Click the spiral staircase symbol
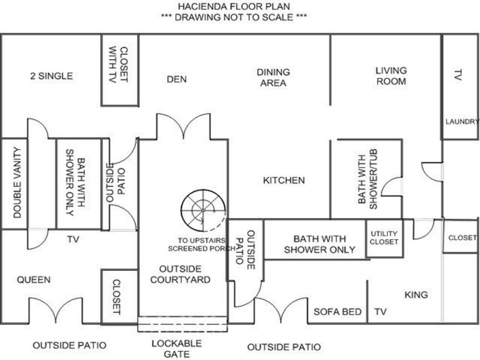click(203, 211)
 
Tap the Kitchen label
click(284, 180)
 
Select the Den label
click(177, 79)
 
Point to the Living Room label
click(391, 76)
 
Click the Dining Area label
click(273, 77)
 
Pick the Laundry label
click(462, 121)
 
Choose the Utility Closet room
click(384, 238)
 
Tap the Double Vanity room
click(14, 183)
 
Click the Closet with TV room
click(120, 70)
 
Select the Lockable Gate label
click(177, 348)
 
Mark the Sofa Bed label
click(337, 312)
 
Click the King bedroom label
click(416, 295)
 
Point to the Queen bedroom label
click(34, 279)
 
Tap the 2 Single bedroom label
click(51, 76)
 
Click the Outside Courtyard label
click(180, 274)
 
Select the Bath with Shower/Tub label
click(368, 179)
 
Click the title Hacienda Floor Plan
click(234, 6)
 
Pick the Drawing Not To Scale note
click(234, 17)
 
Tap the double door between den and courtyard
click(183, 126)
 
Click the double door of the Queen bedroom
click(56, 310)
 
